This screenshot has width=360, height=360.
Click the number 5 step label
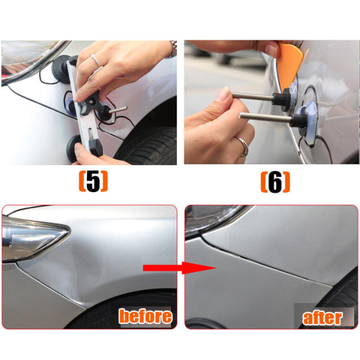[93, 181]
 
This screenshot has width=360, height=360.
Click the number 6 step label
[275, 181]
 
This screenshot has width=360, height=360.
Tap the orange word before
[145, 316]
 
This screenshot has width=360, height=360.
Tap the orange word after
[322, 317]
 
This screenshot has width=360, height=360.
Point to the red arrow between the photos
[179, 268]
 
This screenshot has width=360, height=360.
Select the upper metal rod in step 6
[253, 97]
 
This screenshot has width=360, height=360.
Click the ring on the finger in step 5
[95, 60]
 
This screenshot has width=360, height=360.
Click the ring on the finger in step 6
[244, 146]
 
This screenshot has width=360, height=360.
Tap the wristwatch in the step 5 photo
[172, 48]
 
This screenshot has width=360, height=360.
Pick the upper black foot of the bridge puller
[61, 69]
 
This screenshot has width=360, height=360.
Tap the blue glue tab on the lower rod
[307, 122]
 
